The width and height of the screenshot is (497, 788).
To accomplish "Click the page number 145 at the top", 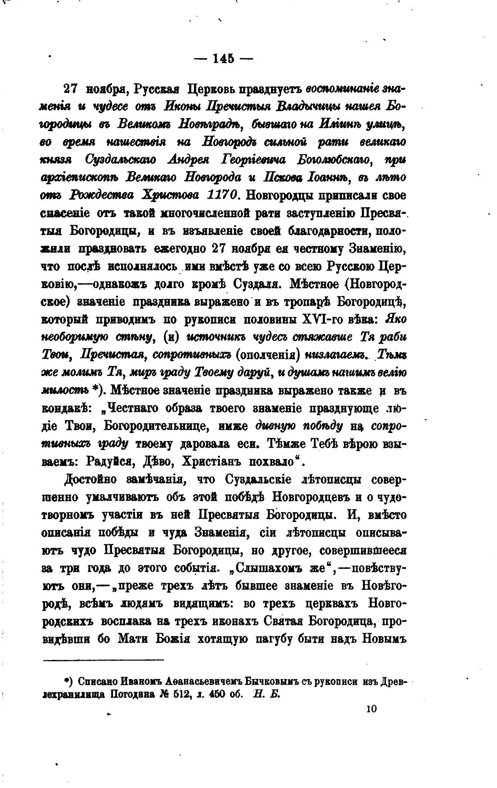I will (x=223, y=59).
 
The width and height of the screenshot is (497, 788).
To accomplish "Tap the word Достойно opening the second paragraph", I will (x=89, y=480).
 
